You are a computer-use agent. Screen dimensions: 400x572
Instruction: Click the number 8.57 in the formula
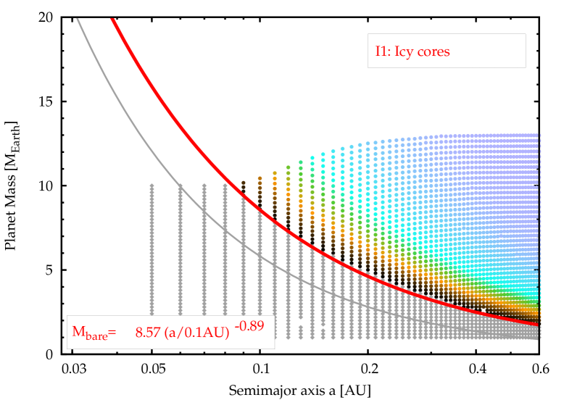coord(148,333)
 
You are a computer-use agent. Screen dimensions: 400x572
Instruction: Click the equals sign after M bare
coord(112,333)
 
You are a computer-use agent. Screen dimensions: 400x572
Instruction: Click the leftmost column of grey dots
coord(152,261)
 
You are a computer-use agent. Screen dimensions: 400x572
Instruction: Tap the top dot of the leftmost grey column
coord(152,186)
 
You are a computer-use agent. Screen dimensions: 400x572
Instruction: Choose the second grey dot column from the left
coord(181,261)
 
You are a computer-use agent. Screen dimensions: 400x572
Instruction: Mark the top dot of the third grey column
coord(204,186)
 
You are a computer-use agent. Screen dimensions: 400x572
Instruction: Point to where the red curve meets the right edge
coord(538,324)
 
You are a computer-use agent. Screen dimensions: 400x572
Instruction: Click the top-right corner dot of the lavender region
coord(538,135)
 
